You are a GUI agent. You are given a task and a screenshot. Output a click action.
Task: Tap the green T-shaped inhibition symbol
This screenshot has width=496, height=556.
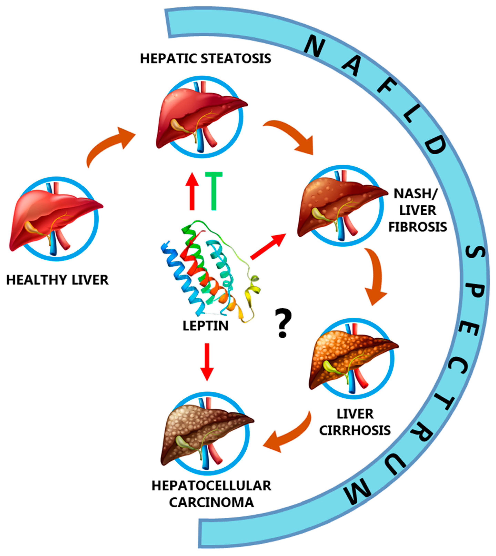click(214, 191)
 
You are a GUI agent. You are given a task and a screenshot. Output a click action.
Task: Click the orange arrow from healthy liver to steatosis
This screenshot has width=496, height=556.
click(109, 144)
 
